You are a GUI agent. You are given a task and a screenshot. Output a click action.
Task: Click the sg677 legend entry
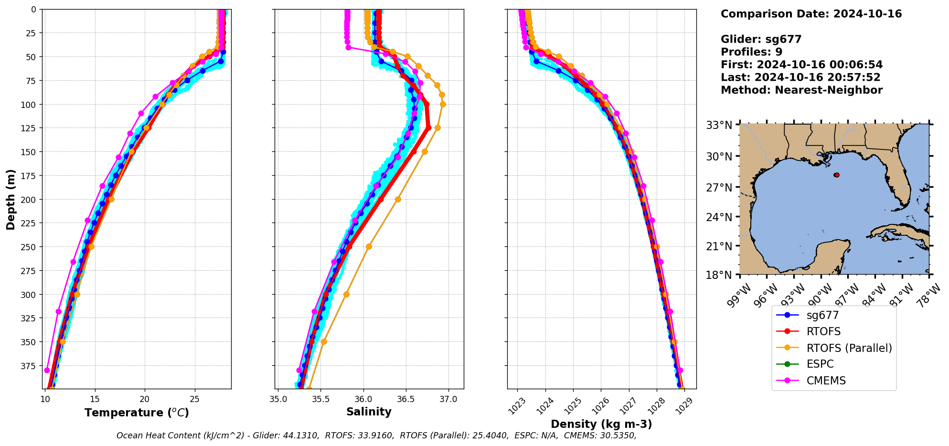[822, 315]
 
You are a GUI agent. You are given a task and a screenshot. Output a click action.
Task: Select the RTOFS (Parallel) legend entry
[849, 348]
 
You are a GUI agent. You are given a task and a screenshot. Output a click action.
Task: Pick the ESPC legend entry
[820, 364]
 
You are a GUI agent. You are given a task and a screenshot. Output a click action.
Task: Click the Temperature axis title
[137, 413]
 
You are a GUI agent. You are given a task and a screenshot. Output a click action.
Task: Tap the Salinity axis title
[369, 412]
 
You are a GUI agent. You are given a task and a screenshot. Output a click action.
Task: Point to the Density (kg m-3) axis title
[601, 424]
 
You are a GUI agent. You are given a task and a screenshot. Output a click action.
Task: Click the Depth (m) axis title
[11, 199]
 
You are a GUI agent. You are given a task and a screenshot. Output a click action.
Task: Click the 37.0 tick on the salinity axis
[448, 399]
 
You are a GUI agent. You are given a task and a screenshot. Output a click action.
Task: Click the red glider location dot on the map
[836, 175]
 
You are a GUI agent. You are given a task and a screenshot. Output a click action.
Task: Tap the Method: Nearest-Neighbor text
[801, 90]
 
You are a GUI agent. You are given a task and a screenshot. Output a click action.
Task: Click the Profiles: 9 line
[751, 52]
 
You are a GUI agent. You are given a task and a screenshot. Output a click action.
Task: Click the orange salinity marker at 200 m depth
[398, 199]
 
